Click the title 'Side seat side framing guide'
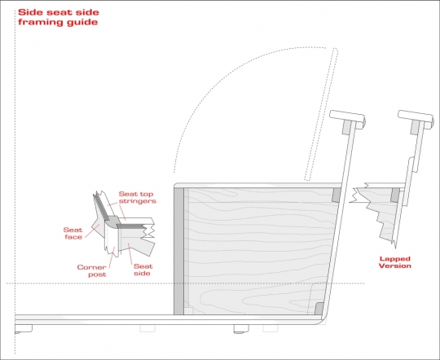[59, 17]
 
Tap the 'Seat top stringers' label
[137, 198]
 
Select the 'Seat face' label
[73, 234]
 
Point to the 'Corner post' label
[92, 270]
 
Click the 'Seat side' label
[143, 270]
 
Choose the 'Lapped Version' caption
[395, 262]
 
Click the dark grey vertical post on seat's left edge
[178, 251]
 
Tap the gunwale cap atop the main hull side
[347, 119]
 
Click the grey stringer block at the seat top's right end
[337, 195]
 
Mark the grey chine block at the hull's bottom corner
[319, 309]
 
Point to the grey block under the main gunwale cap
[347, 127]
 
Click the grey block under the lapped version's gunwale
[415, 127]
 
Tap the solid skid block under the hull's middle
[241, 329]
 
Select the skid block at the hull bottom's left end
[24, 329]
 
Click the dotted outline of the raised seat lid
[322, 114]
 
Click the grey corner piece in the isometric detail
[112, 221]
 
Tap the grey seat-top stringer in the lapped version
[395, 195]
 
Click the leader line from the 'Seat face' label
[92, 231]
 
